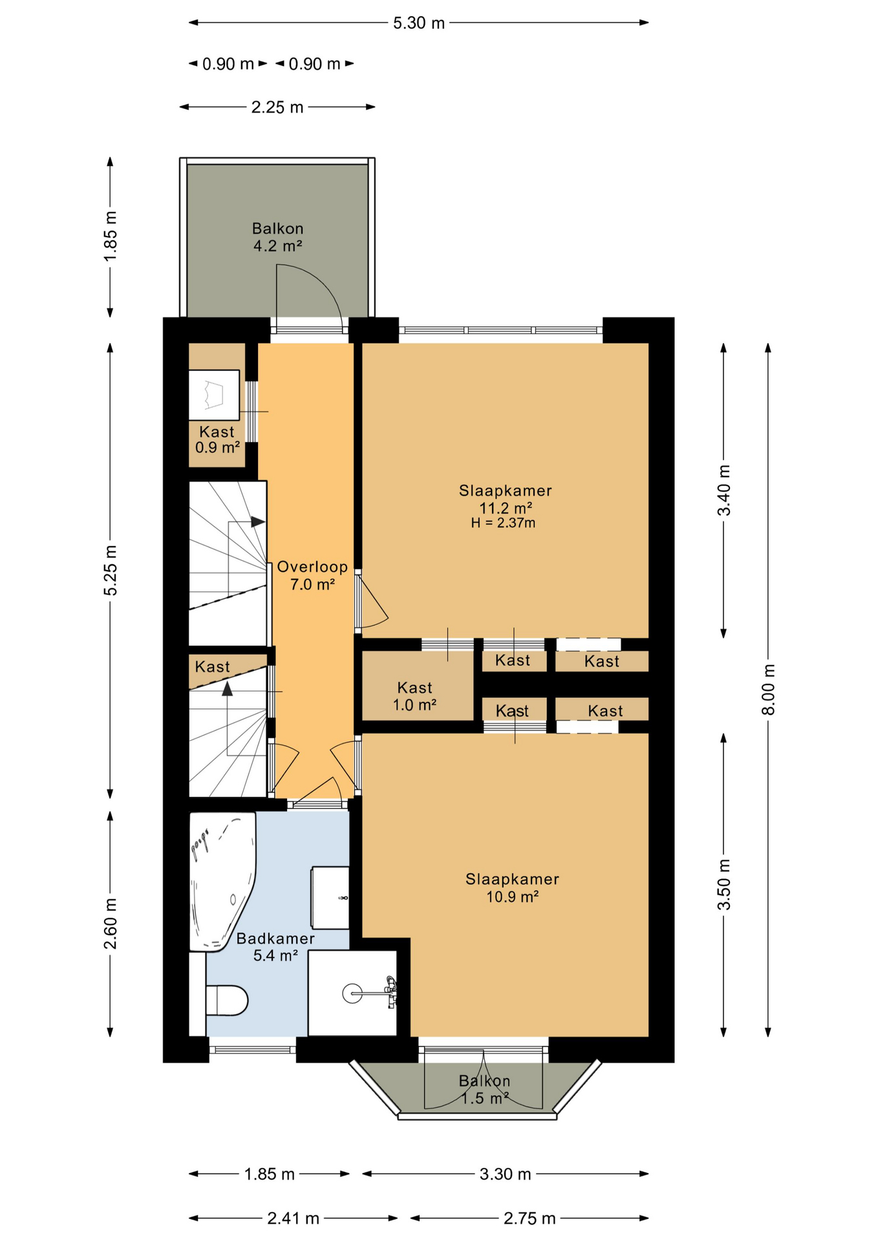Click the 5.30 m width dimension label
[x=419, y=23]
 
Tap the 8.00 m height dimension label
[x=768, y=689]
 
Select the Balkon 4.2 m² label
[x=278, y=237]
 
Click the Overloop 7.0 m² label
[x=312, y=575]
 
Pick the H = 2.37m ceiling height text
[x=503, y=523]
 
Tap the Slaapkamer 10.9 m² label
[x=512, y=887]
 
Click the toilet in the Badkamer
[x=226, y=1001]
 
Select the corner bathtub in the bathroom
[x=222, y=882]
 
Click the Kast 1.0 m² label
[x=414, y=696]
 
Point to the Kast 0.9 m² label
[x=217, y=440]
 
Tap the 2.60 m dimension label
[x=111, y=924]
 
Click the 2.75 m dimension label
[x=530, y=1218]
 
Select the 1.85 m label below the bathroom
[x=270, y=1174]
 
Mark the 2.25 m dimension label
[x=277, y=107]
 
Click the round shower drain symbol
[x=352, y=993]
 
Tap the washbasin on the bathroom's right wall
[x=330, y=898]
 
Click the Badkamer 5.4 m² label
[x=275, y=947]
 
